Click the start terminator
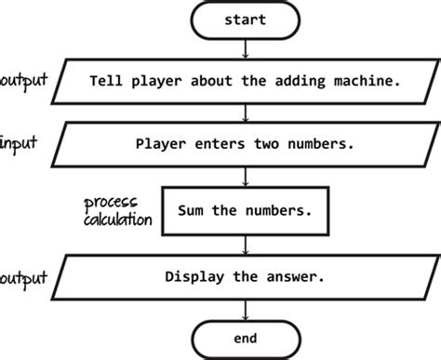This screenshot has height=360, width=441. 246,19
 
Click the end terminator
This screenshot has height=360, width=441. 246,337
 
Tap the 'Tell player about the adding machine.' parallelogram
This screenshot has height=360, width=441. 246,82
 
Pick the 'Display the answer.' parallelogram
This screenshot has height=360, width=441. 246,276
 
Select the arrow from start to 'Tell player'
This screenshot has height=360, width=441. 246,48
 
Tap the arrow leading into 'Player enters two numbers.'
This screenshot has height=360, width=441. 246,114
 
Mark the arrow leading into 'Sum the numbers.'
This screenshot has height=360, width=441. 246,177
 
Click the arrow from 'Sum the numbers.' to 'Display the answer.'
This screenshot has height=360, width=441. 246,244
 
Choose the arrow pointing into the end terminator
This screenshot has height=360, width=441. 246,308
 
